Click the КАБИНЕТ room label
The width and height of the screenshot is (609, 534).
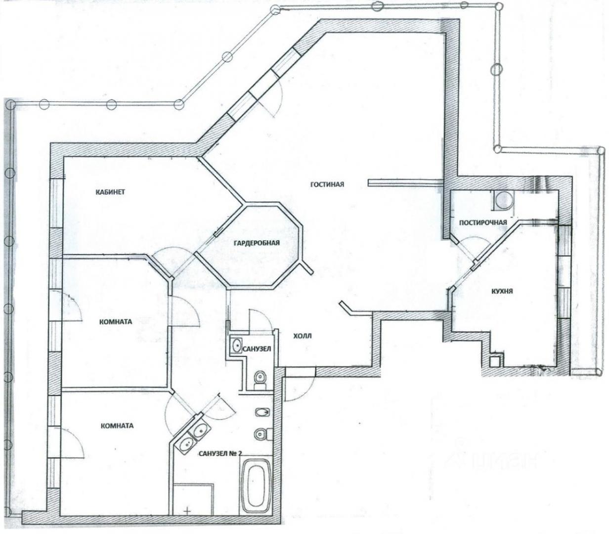pos(110,192)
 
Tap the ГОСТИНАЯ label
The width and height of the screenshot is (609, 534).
pos(327,184)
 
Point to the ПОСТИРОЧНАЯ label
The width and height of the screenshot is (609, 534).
pos(483,222)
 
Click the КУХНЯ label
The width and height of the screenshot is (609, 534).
pos(502,291)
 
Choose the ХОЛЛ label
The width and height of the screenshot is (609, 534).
pos(303,336)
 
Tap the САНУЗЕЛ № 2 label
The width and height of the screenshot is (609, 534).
pos(220,453)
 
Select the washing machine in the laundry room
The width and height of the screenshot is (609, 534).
pos(504,201)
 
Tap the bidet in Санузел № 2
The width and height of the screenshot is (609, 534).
pos(262,412)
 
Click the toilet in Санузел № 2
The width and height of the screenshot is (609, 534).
pos(262,434)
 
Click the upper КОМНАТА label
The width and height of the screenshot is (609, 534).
pos(116,322)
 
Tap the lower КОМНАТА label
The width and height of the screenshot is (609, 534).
pos(117,426)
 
